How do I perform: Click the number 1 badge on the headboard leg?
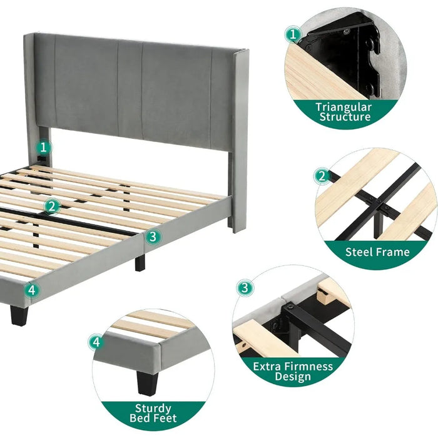tap(43, 148)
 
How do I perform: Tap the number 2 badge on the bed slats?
tap(52, 206)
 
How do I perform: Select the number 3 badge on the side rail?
tap(153, 237)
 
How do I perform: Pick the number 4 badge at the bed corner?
tap(32, 290)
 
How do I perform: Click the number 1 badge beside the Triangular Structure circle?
tap(293, 34)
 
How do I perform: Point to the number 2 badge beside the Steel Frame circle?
tap(322, 176)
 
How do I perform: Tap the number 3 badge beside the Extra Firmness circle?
tap(245, 288)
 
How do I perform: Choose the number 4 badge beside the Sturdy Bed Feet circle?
tap(96, 342)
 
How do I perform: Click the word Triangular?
tap(344, 107)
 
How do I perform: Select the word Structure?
tap(345, 117)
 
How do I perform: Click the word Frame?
tap(393, 252)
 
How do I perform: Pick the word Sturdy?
tap(153, 409)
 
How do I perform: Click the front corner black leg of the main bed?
tap(19, 315)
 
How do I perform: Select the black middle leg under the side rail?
tap(140, 263)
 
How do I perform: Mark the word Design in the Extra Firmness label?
tap(293, 376)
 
